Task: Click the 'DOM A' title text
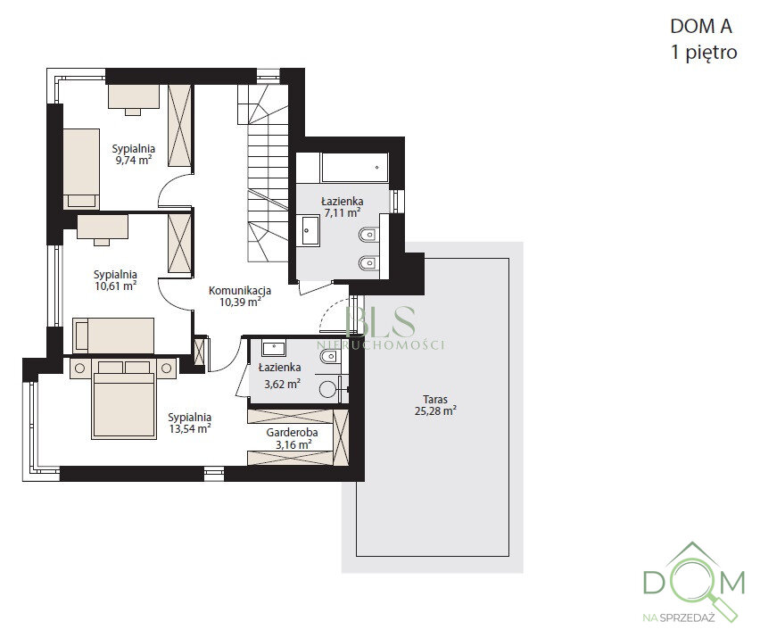coord(701,26)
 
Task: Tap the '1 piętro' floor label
coord(704,53)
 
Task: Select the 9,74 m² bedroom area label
coord(133,154)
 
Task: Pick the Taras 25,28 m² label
coord(435,405)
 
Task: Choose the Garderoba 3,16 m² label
coord(293,438)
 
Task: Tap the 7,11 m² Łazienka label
coord(343,206)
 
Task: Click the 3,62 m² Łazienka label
coord(280,376)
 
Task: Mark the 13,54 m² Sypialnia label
coord(189,423)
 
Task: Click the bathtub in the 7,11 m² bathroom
coord(355,168)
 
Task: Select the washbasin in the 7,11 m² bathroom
coord(310,231)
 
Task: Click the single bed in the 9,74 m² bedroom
coord(81,169)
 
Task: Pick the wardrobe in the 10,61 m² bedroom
coord(180,244)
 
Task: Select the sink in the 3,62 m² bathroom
coord(274,348)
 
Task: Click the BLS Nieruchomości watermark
coord(381,327)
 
